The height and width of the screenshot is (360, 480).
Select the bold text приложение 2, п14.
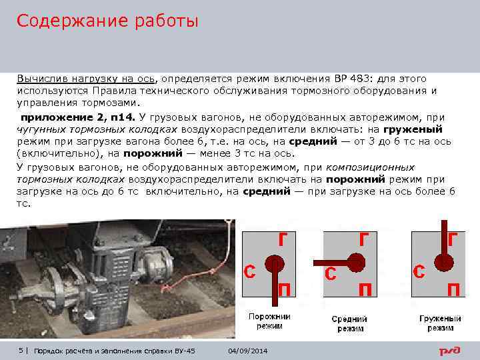(78, 117)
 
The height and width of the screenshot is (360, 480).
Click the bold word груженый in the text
(413, 130)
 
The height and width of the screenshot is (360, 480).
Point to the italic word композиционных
(371, 168)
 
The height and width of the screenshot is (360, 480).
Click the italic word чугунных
(41, 130)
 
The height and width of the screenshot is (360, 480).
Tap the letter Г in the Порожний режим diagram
(283, 239)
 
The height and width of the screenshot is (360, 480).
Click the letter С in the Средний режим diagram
(331, 273)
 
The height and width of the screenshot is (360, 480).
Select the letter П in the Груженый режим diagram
(454, 289)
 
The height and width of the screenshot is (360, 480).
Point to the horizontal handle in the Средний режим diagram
(331, 263)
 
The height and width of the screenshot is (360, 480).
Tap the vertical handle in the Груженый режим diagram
(444, 239)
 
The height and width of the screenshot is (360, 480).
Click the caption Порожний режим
(269, 321)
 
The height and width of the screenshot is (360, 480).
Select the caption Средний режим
(350, 323)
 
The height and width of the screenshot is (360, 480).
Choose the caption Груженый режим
(440, 323)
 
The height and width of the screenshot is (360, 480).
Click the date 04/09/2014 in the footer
(247, 351)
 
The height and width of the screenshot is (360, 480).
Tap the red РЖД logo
(450, 351)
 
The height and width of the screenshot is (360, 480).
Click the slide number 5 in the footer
(21, 351)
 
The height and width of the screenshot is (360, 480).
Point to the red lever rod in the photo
(190, 280)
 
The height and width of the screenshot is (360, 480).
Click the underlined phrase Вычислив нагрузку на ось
(86, 79)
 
